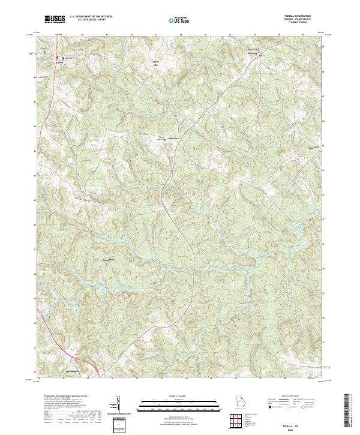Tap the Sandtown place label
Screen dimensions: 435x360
(173, 139)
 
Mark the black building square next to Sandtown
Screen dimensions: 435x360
(166, 139)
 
